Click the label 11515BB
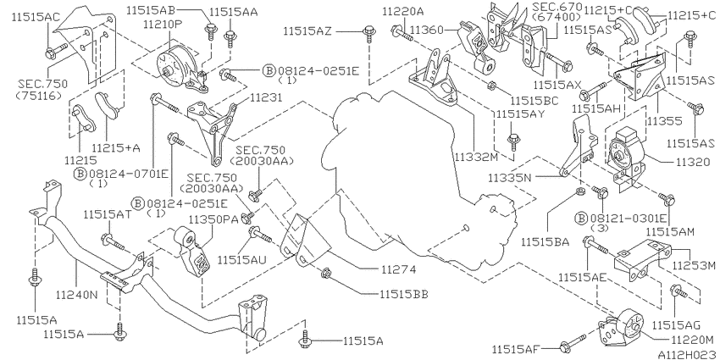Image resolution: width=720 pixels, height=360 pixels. pyautogui.click(x=403, y=294)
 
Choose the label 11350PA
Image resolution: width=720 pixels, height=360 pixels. pyautogui.click(x=213, y=220)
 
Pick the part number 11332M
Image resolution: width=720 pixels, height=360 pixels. pyautogui.click(x=476, y=158)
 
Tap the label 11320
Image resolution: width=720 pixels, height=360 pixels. pyautogui.click(x=691, y=162)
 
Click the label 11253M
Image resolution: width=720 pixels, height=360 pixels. pyautogui.click(x=694, y=265)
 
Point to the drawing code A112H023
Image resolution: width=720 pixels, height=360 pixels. pyautogui.click(x=686, y=354)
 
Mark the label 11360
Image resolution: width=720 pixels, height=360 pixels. pyautogui.click(x=427, y=30)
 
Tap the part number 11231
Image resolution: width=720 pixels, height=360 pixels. pyautogui.click(x=266, y=97)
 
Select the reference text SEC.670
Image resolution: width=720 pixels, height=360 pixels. pyautogui.click(x=557, y=7)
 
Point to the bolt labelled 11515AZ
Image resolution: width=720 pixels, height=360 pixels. pyautogui.click(x=368, y=35)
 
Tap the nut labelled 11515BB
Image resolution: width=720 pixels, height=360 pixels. pyautogui.click(x=325, y=274)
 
